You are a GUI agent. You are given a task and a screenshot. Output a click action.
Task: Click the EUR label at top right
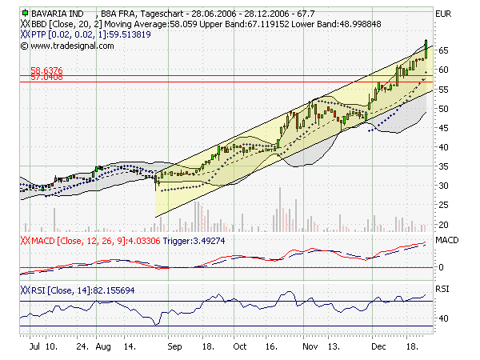point(442,14)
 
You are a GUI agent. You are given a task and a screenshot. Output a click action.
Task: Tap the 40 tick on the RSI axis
point(440,318)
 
